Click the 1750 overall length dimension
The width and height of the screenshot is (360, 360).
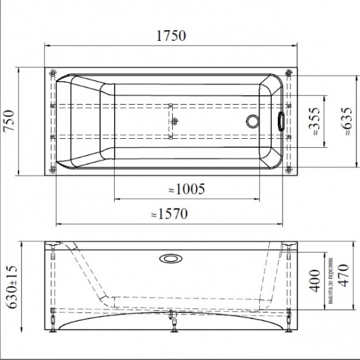(171, 35)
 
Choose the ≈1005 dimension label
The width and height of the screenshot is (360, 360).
(187, 189)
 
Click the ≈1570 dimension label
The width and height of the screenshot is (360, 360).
(170, 214)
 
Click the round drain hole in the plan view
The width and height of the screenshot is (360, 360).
(252, 121)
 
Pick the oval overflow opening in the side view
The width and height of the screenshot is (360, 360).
(170, 259)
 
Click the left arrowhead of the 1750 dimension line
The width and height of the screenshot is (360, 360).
(48, 45)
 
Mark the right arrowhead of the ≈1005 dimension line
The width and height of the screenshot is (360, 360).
(263, 199)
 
